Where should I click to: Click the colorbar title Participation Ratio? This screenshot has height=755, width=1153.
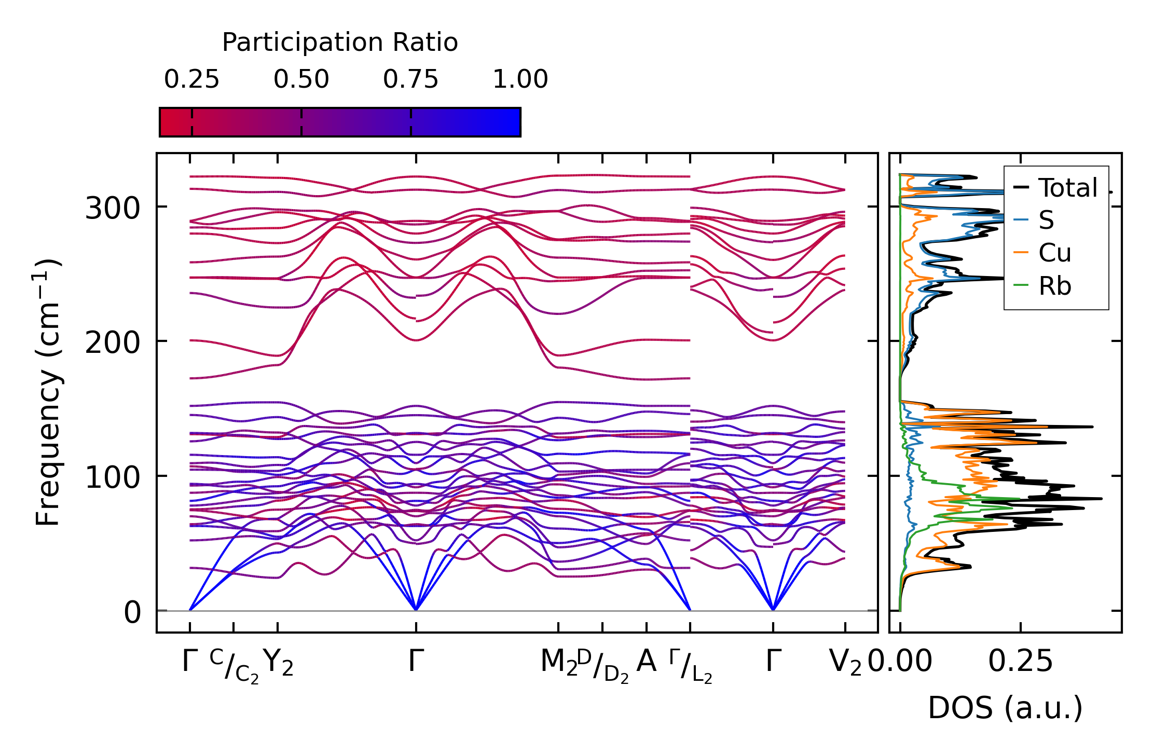(x=340, y=43)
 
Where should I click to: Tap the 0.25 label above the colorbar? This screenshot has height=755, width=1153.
(x=191, y=80)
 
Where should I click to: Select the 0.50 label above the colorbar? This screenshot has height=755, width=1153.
(x=301, y=80)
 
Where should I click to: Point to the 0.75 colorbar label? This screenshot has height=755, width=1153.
(x=410, y=80)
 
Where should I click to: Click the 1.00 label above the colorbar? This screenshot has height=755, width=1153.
(x=520, y=80)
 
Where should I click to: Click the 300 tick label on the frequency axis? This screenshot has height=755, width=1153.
(x=113, y=209)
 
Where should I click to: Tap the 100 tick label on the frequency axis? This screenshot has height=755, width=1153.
(x=113, y=477)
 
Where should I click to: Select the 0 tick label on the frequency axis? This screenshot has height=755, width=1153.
(x=132, y=612)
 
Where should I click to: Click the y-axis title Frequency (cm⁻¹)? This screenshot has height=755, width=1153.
(x=48, y=392)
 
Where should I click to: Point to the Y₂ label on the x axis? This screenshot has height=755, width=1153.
(x=278, y=663)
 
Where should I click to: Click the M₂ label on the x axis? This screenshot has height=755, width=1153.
(x=558, y=663)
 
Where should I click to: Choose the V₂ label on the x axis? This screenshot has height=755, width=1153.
(x=845, y=663)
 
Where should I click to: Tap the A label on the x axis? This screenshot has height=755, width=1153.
(x=647, y=662)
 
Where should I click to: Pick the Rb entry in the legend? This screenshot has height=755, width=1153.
(x=1054, y=286)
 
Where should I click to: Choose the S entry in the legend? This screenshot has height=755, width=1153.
(x=1046, y=221)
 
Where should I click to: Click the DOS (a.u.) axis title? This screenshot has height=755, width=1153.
(x=1005, y=708)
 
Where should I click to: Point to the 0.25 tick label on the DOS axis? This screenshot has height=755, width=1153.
(x=1020, y=662)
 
